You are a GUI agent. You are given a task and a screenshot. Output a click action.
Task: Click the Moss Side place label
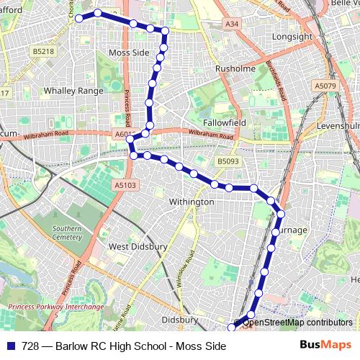(128, 53)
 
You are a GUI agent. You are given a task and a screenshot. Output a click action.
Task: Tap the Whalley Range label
(71, 91)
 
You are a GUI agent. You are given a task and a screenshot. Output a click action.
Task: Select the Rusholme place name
(235, 69)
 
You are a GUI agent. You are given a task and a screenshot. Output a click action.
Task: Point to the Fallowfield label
(224, 122)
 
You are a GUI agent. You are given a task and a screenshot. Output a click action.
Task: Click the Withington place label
(192, 202)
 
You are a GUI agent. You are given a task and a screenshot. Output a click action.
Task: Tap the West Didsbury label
(138, 246)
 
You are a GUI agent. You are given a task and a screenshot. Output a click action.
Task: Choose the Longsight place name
(292, 36)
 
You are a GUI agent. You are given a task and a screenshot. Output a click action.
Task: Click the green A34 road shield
(231, 24)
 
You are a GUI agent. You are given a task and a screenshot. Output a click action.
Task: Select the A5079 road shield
(325, 86)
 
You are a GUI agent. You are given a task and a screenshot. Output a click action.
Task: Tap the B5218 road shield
(43, 52)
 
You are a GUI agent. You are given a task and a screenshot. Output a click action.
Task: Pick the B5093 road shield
(228, 162)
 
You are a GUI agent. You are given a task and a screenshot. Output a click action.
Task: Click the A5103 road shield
(124, 185)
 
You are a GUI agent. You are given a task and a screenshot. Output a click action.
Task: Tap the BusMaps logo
(325, 346)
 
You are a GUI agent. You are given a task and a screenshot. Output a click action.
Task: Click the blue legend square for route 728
(11, 346)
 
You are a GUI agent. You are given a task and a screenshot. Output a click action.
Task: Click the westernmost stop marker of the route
(79, 18)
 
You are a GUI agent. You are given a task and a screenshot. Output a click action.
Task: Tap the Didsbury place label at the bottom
(180, 319)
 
